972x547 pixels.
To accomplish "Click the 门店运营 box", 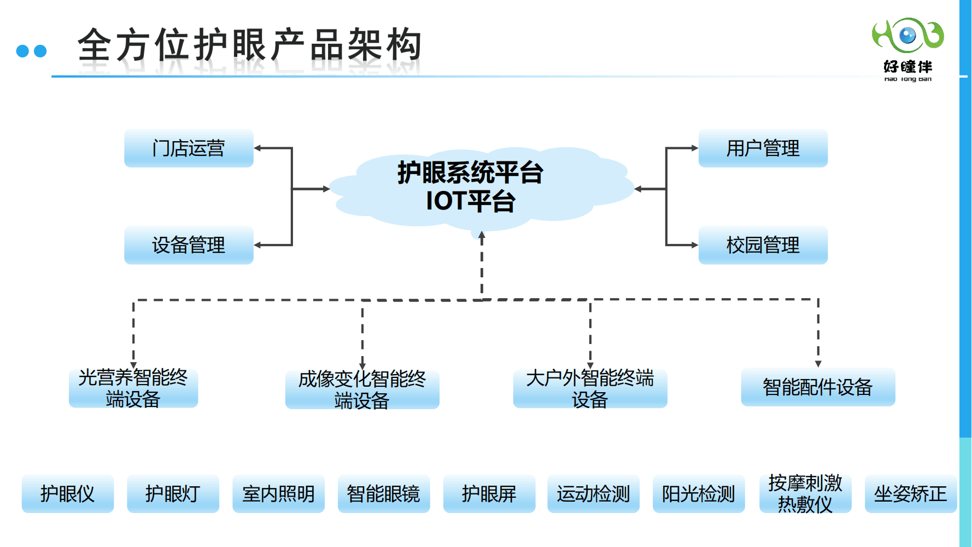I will pos(189,148).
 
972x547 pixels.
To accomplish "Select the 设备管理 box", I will pos(189,245).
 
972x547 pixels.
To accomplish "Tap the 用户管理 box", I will pos(763,148).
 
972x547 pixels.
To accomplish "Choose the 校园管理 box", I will pos(763,245).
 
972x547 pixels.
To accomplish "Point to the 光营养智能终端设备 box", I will pos(133,388).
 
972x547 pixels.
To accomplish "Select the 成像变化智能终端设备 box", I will pos(362,389).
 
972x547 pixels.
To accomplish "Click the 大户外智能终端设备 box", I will pos(590,388).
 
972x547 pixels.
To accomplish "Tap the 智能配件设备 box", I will pos(818,387).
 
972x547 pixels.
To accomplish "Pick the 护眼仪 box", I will pos(68,494).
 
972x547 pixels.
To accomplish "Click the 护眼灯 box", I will pos(173,494).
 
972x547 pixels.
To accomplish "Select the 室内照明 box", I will pos(278,494).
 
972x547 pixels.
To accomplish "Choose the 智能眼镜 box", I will pos(383,494).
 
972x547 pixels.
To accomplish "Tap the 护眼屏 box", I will pos(489,494).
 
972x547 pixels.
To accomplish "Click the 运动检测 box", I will pos(593,494).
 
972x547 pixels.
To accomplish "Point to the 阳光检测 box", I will pos(699,494).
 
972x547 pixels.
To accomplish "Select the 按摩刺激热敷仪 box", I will pos(805,494).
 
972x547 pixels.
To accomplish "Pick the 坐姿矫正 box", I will pos(910,494).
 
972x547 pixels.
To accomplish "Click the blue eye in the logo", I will pos(907,36).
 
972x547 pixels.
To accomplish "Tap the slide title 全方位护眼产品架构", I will pos(249,45).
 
